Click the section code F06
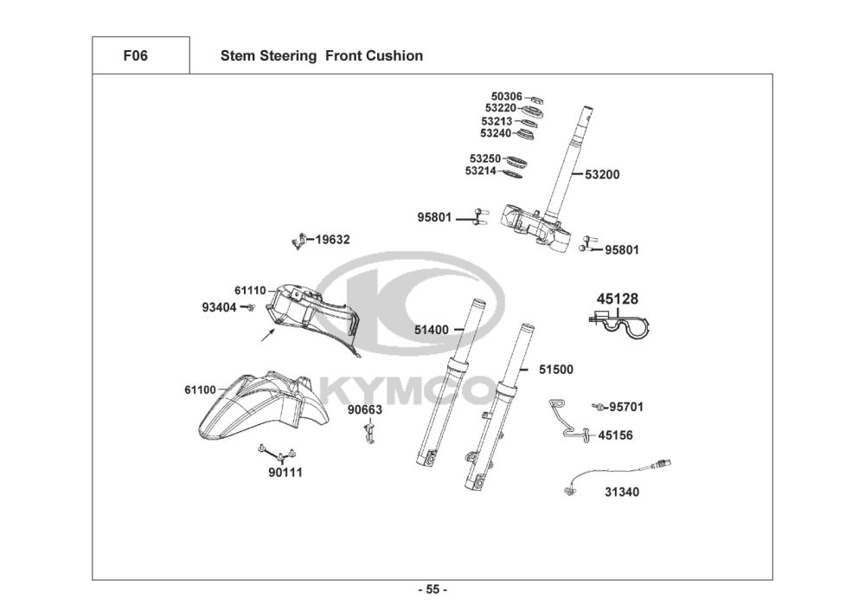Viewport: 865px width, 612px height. (x=135, y=56)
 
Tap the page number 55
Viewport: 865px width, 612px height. (x=432, y=590)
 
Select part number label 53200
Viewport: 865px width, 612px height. (x=602, y=175)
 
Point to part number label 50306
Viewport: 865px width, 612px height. (x=506, y=96)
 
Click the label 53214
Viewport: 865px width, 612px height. (x=480, y=171)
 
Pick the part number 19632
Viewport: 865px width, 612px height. (x=332, y=240)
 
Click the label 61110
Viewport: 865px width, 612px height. (x=250, y=291)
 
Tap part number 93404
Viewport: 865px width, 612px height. (x=219, y=307)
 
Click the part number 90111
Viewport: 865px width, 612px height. (x=285, y=473)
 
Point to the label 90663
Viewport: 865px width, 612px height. (x=365, y=409)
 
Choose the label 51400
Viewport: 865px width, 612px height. (x=431, y=330)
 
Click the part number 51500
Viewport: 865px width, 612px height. (x=556, y=370)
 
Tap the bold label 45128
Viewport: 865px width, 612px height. (x=618, y=300)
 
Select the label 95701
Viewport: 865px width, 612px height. (x=626, y=407)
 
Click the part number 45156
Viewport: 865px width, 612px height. (x=615, y=435)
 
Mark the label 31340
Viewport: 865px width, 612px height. (x=623, y=493)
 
